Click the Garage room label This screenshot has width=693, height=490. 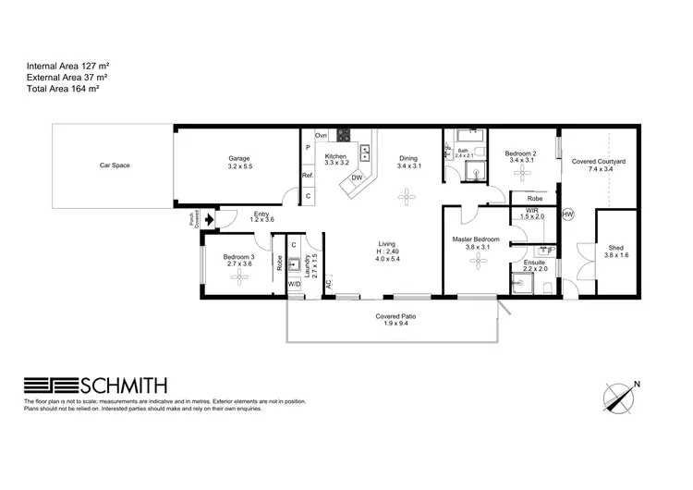239,158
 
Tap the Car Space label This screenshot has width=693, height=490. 113,166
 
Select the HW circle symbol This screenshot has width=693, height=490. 568,214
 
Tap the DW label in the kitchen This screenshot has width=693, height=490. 357,178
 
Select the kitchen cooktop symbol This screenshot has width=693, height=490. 344,135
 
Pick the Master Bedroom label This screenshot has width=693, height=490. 477,240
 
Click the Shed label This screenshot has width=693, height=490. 615,248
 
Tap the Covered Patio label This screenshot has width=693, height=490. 395,317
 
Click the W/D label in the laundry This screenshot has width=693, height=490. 294,284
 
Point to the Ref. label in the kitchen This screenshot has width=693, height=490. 308,176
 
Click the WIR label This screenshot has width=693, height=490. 532,210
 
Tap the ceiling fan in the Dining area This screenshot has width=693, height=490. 407,195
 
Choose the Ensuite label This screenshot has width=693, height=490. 534,263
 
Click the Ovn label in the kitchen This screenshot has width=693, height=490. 322,135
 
